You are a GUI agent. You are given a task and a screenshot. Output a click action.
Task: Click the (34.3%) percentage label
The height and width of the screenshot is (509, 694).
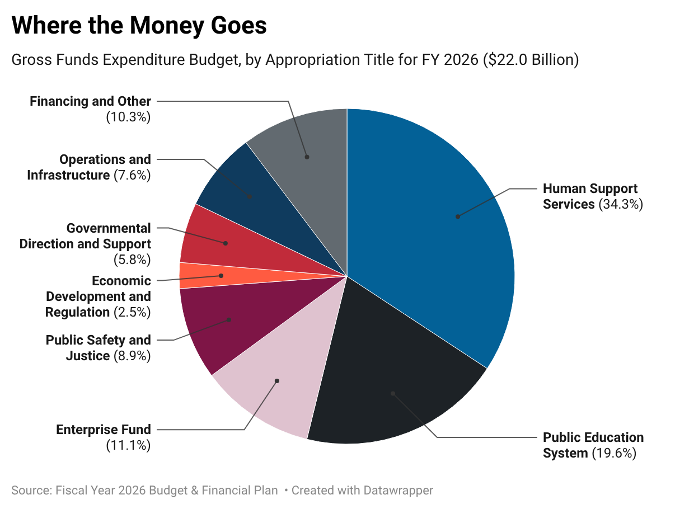click(x=621, y=204)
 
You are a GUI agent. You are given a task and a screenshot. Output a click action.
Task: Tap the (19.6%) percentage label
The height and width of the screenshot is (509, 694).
click(x=614, y=453)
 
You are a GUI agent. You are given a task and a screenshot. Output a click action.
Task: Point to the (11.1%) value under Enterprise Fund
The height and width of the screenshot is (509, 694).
click(x=128, y=445)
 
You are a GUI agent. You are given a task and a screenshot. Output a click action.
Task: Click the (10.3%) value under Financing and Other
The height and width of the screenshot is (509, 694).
click(x=128, y=117)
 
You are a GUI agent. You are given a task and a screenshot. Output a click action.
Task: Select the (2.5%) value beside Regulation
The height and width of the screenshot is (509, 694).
click(x=132, y=312)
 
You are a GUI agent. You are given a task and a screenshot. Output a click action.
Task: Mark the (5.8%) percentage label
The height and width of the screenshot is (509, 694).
click(x=132, y=260)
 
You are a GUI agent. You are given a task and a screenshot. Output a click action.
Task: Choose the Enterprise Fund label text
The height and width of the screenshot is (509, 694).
click(x=104, y=430)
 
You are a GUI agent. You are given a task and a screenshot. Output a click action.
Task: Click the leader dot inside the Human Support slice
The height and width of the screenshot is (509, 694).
click(x=457, y=216)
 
